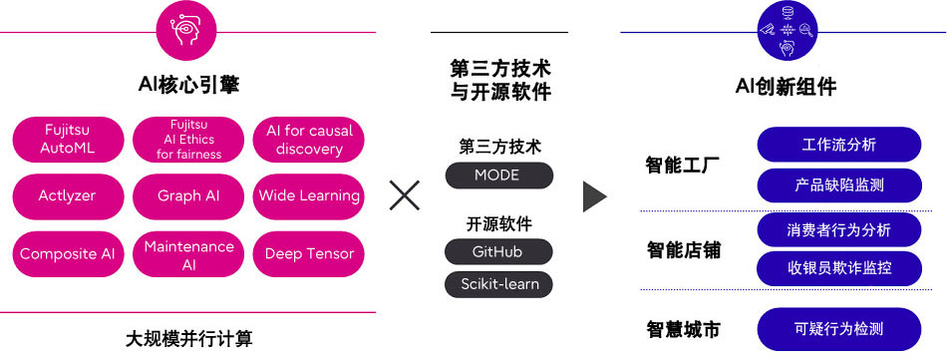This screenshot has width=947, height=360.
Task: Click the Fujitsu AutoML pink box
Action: click(x=68, y=139)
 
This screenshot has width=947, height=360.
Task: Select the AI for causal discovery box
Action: click(x=309, y=139)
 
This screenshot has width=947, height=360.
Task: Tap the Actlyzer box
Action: click(x=68, y=195)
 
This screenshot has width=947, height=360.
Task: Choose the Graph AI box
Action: click(x=188, y=195)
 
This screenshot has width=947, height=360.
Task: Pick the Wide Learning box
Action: click(x=309, y=195)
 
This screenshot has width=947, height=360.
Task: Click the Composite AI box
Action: click(x=68, y=253)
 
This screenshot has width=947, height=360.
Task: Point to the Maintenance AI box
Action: click(x=188, y=253)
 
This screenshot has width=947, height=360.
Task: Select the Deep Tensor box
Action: click(x=309, y=253)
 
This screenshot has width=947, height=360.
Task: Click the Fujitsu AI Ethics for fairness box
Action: click(x=188, y=139)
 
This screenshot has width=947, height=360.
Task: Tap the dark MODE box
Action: click(x=497, y=176)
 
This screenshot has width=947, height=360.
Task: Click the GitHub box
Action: click(x=497, y=251)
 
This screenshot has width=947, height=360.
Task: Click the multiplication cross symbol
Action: click(x=404, y=195)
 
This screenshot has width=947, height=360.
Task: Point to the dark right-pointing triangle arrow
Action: click(x=594, y=195)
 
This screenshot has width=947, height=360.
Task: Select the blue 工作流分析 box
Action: click(x=838, y=145)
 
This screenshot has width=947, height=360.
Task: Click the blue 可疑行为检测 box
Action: click(x=838, y=328)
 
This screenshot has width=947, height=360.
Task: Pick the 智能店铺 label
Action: click(x=683, y=249)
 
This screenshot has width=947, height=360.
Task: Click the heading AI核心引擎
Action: click(x=188, y=86)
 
